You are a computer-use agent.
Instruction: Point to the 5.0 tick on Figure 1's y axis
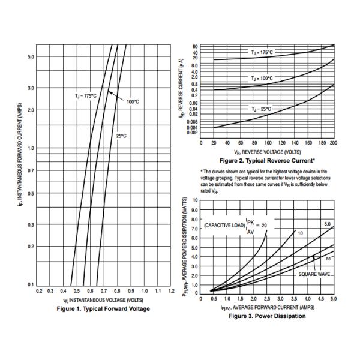pos(31,56)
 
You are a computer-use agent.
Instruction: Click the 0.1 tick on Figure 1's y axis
pos(31,284)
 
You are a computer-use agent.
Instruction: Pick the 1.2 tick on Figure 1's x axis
pos(171,291)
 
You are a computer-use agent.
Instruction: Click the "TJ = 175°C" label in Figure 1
pos(85,95)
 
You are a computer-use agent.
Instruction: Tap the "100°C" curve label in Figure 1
pos(133,101)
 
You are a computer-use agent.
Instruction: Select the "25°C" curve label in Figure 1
pos(121,136)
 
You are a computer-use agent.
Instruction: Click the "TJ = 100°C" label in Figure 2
pos(261,79)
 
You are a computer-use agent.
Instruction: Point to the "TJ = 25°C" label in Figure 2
pos(260,109)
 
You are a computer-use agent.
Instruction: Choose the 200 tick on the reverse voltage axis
pos(334,143)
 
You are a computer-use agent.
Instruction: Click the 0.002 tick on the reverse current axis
pos(193,133)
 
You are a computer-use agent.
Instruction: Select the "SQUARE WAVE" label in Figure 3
pos(314,274)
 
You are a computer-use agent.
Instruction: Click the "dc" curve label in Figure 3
pos(328,259)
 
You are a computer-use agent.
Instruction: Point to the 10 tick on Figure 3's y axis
pos(195,200)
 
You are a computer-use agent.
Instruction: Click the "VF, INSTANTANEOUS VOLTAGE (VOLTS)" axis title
pos(103,299)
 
